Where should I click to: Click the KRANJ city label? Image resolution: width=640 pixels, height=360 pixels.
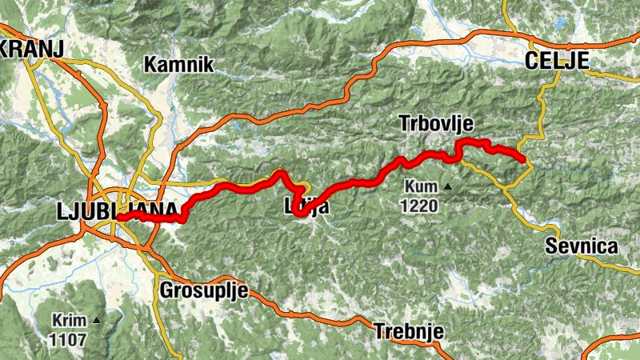click(x=31, y=49)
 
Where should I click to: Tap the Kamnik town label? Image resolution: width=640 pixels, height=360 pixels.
click(x=179, y=65)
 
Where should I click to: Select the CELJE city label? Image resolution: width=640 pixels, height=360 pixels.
click(x=557, y=61)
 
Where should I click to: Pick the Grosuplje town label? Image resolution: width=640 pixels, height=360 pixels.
click(x=204, y=290)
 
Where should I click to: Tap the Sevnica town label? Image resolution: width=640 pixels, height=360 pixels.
click(x=582, y=246)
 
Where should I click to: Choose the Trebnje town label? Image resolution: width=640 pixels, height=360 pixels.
click(x=409, y=330)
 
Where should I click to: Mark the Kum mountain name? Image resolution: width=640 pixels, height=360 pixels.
click(x=421, y=186)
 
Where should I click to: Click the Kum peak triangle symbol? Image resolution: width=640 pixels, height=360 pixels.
click(x=448, y=187)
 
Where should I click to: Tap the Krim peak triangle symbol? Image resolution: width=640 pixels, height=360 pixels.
click(x=97, y=320)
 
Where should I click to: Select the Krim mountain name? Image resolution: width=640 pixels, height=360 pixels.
click(x=69, y=320)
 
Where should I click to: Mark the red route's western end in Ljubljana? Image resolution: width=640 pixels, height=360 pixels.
click(x=119, y=217)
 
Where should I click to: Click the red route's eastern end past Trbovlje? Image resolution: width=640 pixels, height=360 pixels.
click(x=525, y=161)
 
